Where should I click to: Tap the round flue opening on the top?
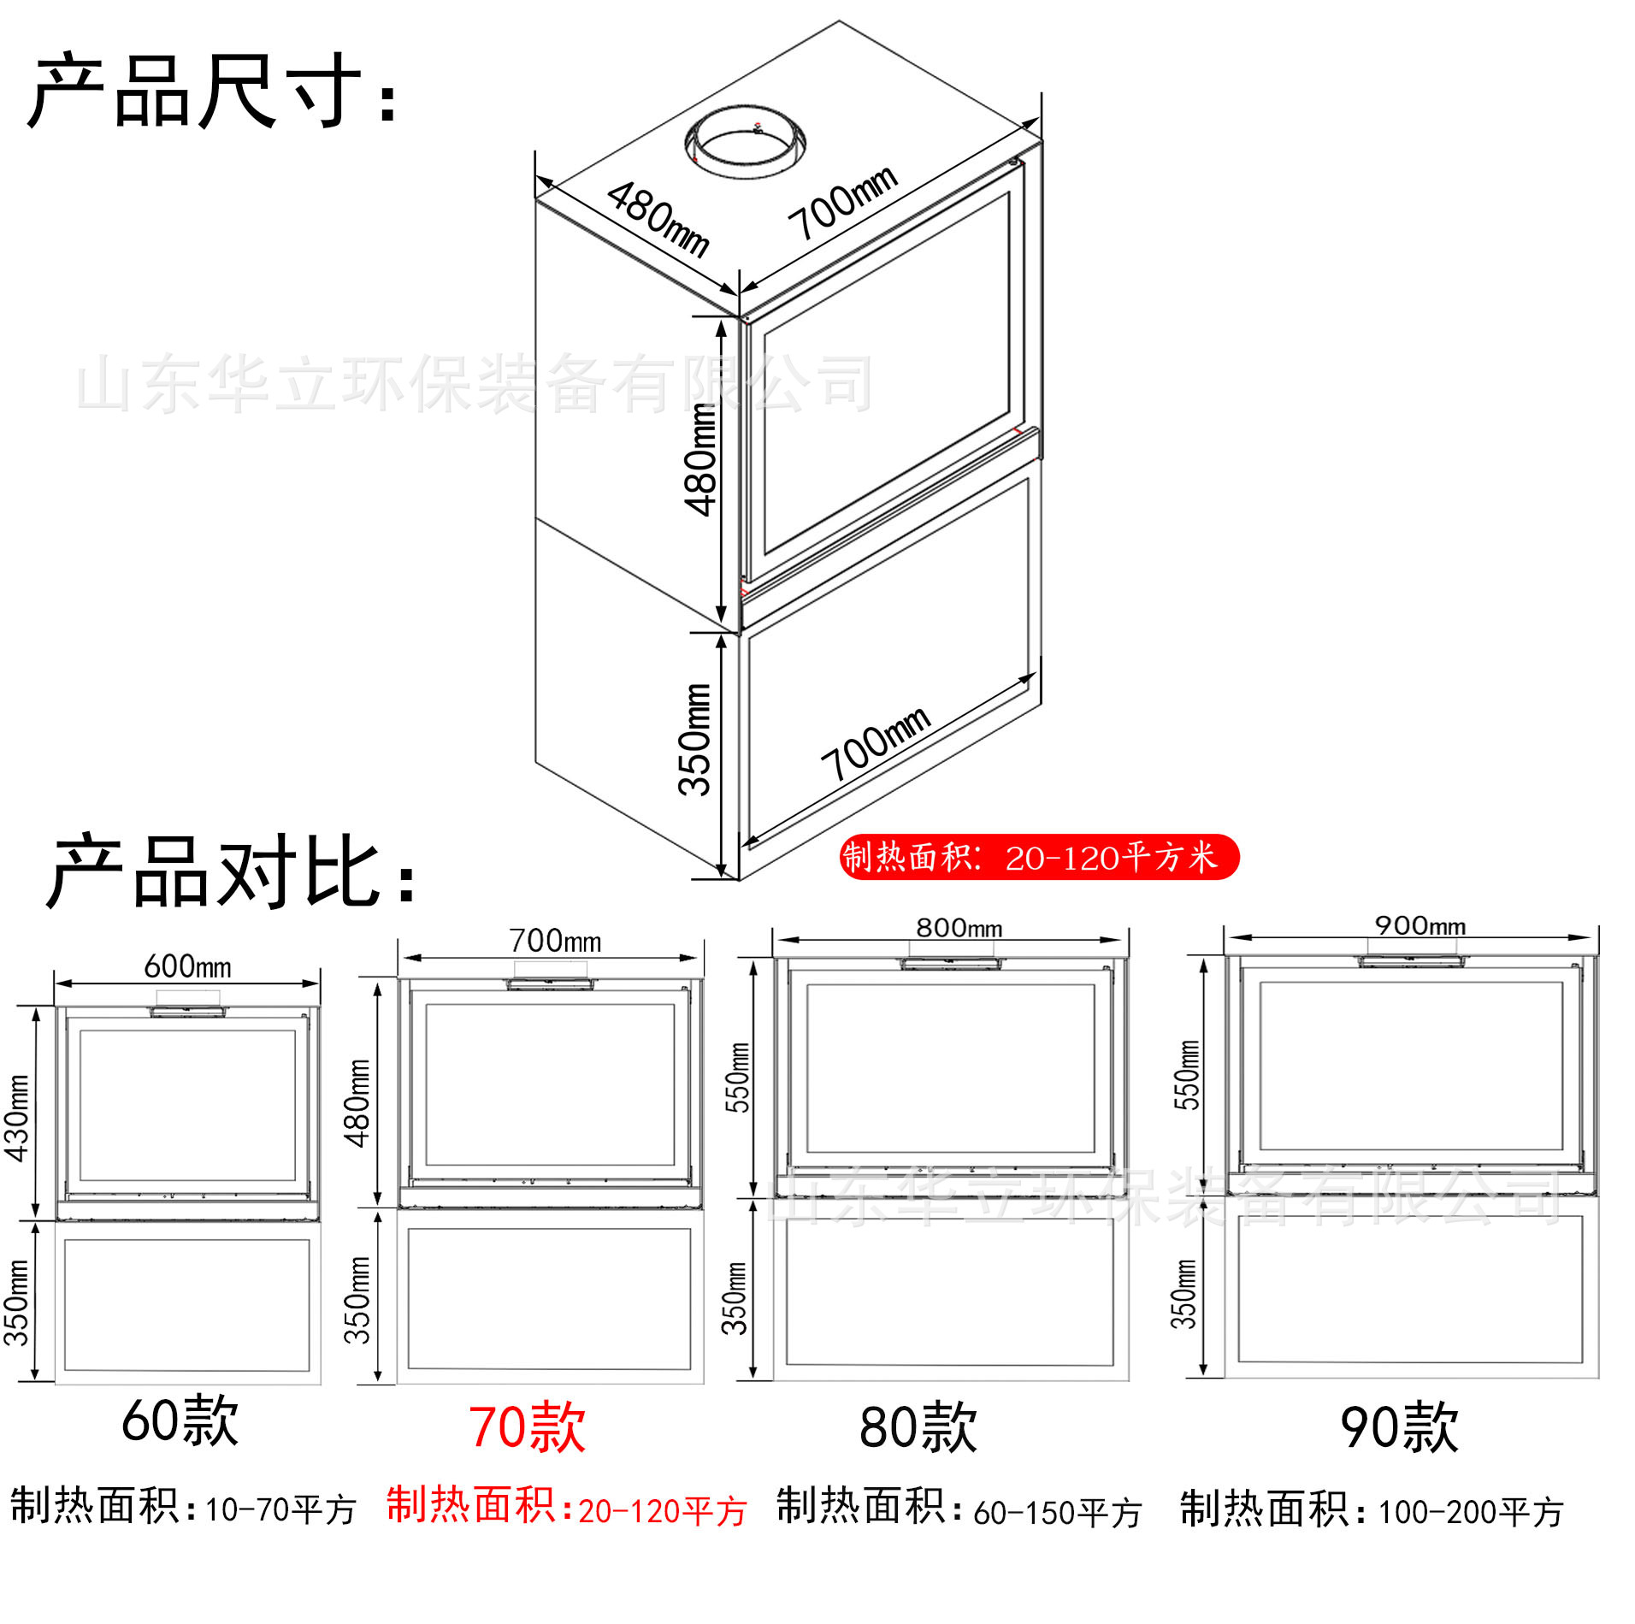[x=746, y=142]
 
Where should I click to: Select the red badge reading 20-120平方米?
[x=1039, y=857]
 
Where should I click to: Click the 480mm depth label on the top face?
[x=658, y=219]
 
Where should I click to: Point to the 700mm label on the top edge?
[x=843, y=202]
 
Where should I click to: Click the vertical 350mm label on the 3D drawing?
[x=695, y=739]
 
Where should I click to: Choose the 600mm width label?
[x=187, y=966]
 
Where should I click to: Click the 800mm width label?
[x=959, y=928]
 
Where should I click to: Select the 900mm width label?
[x=1420, y=925]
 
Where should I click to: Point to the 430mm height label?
[x=17, y=1118]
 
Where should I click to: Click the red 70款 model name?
[x=527, y=1428]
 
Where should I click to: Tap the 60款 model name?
[x=180, y=1420]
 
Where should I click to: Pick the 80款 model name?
[x=918, y=1427]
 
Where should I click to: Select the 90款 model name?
[x=1399, y=1427]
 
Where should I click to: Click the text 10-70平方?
[x=280, y=1509]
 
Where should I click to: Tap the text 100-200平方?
[x=1471, y=1512]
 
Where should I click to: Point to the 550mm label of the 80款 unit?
[x=737, y=1078]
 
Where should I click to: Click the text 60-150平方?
[x=1058, y=1512]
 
